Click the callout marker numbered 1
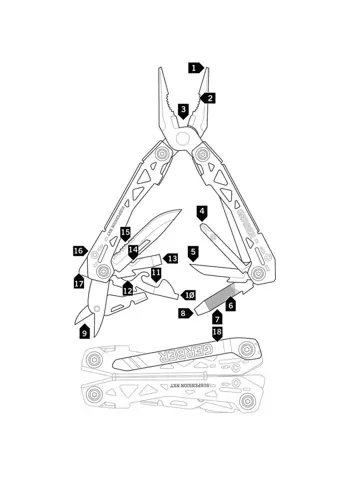[x=194, y=68]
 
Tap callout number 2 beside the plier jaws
[x=209, y=98]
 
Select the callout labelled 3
[x=183, y=110]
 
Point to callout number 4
[x=202, y=213]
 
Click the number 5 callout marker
[x=193, y=253]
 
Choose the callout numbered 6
[x=231, y=303]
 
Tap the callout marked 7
[x=217, y=318]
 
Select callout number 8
[x=184, y=313]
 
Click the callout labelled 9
[x=84, y=331]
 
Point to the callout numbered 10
[x=189, y=295]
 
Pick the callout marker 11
[x=156, y=273]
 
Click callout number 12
[x=128, y=290]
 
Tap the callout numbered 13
[x=171, y=258]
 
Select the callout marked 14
[x=133, y=250]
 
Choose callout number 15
[x=125, y=233]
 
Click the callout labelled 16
[x=78, y=250]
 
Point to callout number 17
[x=78, y=283]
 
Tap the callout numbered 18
[x=217, y=332]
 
